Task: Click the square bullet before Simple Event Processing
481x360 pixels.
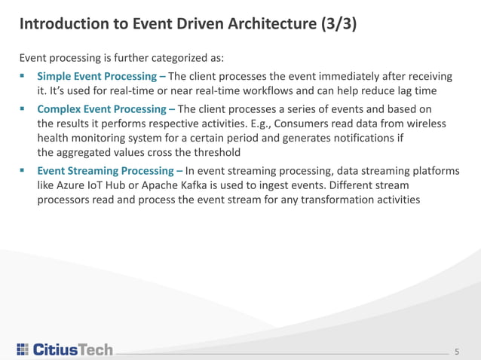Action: point(23,76)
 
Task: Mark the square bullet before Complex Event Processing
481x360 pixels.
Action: point(23,108)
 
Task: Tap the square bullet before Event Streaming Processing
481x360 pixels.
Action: point(23,171)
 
